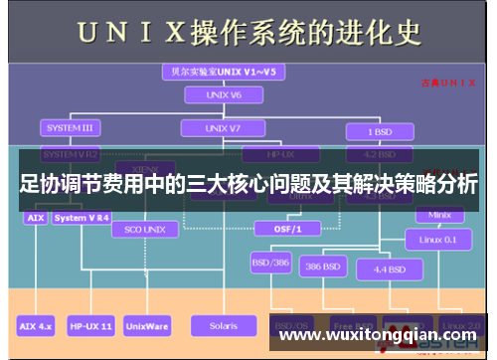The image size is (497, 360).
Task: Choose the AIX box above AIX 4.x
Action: pos(35,217)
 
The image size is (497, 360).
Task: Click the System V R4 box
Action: pos(83,217)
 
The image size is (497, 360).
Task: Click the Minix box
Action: pos(439,214)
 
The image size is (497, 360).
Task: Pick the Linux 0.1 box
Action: pos(438,240)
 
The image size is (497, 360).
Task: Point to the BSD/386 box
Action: pos(269,266)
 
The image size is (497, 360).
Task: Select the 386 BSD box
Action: pos(324,269)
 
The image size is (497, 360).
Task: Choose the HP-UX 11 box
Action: pos(91,325)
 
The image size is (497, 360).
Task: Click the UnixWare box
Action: pos(146,325)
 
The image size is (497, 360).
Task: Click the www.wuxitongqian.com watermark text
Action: pos(377,336)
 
